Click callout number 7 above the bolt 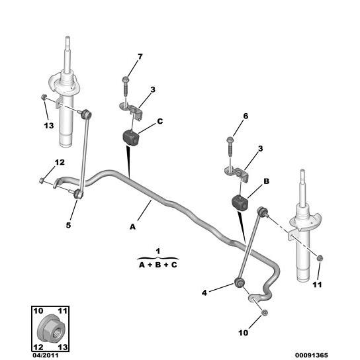coord(140,56)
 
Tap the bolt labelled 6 coord(230,146)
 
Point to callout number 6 coord(246,116)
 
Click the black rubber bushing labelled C coord(131,137)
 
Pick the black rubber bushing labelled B coord(240,202)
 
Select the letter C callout coord(159,121)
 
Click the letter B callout coord(266,181)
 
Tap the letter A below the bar coord(133,227)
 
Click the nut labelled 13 coord(44,97)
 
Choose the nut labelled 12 coord(42,181)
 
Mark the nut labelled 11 coord(320,258)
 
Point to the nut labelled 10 coord(265,312)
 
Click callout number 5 coord(68,225)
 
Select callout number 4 coord(204,292)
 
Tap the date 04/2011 coord(46,355)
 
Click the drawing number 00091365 coord(311,355)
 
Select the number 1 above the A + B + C coord(157,251)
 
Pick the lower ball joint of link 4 coord(239,282)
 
